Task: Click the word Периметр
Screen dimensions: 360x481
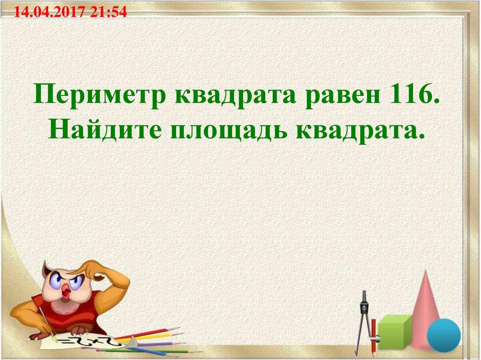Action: tap(101, 96)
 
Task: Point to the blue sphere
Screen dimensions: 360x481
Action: tap(443, 335)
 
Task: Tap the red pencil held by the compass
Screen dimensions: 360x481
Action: tap(373, 333)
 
